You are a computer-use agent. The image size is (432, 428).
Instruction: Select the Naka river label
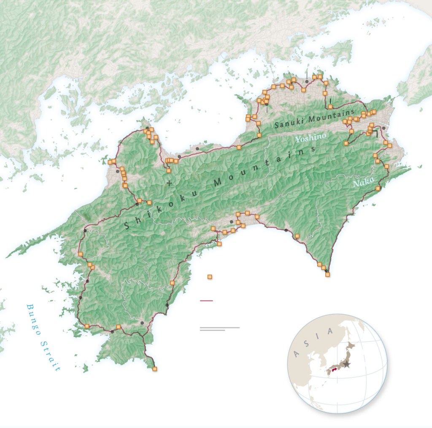361,183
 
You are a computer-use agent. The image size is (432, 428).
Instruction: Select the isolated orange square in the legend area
210,277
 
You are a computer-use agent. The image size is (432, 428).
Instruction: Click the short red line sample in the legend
206,301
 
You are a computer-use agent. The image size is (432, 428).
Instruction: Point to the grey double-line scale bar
219,328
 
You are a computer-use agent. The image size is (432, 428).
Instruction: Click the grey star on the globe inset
347,364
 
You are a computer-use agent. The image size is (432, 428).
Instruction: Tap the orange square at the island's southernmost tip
155,369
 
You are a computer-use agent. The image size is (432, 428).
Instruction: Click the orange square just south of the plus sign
168,171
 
